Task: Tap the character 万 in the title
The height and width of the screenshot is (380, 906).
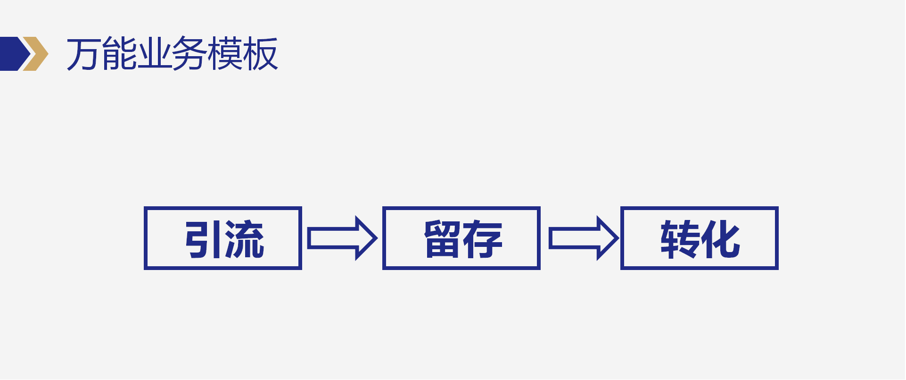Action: point(84,54)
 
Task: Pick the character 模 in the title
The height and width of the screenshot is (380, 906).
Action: point(225,54)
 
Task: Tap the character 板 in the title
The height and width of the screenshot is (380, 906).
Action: point(260,54)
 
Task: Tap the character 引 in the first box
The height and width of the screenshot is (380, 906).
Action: point(204,239)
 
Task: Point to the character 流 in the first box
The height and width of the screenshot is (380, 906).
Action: point(244,239)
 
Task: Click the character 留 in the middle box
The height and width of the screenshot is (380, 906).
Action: point(443,239)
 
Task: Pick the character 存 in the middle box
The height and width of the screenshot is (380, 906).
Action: point(483,239)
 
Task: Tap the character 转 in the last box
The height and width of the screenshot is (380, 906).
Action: point(680,239)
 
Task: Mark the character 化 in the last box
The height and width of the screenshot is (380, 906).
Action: point(720,239)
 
